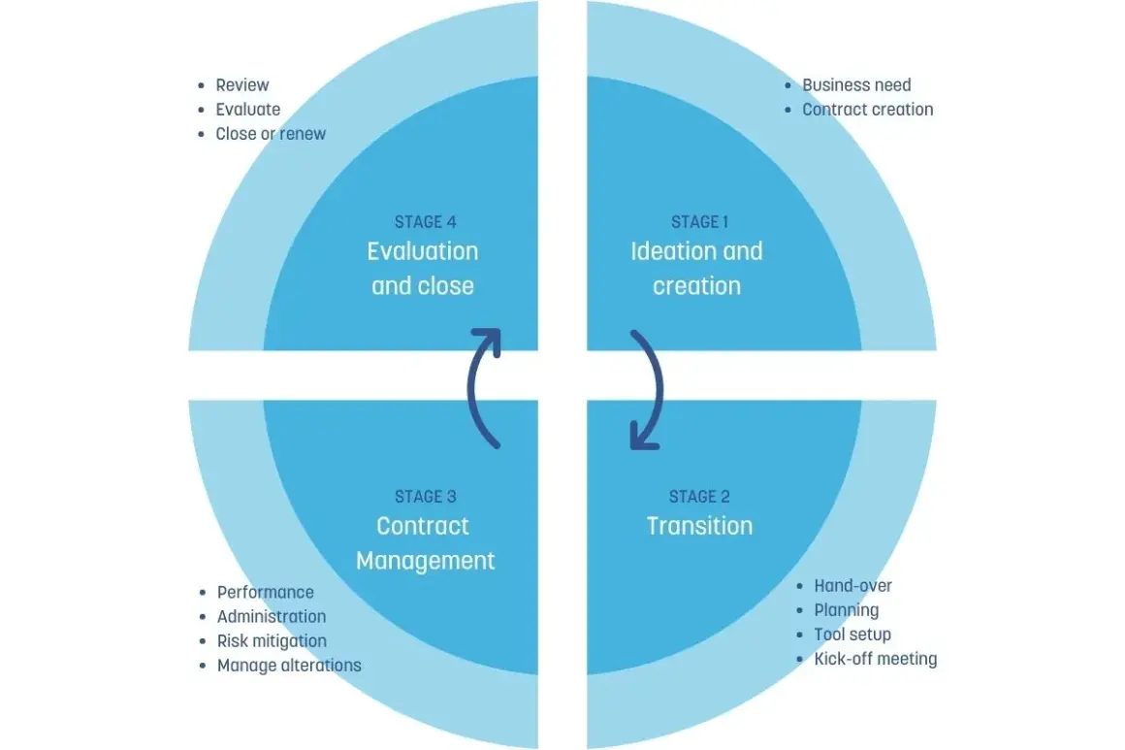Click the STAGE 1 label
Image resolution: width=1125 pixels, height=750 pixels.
tap(699, 222)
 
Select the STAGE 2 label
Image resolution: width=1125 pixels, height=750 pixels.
tap(699, 497)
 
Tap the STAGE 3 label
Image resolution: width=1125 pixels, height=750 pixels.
tap(426, 497)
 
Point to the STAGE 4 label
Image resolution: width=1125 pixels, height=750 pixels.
tap(426, 222)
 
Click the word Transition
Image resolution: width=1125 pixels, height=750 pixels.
tap(699, 526)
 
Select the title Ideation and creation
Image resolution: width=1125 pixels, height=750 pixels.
tap(696, 269)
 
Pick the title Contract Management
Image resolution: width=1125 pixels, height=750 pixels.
tap(426, 543)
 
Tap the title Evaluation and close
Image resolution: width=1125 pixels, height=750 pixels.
tap(423, 269)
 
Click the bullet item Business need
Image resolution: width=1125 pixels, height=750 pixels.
tap(856, 84)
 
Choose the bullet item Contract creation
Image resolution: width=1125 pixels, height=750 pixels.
tap(867, 109)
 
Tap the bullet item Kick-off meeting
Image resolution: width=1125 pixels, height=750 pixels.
tap(876, 659)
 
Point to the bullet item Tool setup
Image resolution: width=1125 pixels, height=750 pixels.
tap(852, 635)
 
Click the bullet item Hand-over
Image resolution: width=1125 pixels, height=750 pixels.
tap(853, 586)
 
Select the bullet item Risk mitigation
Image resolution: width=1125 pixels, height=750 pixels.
tap(272, 641)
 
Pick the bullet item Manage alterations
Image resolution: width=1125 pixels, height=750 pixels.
tap(289, 666)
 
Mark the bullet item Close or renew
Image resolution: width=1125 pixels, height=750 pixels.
tap(271, 134)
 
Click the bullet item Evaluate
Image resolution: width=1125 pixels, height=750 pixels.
tap(248, 109)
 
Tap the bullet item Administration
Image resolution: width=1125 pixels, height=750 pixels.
tap(272, 616)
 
